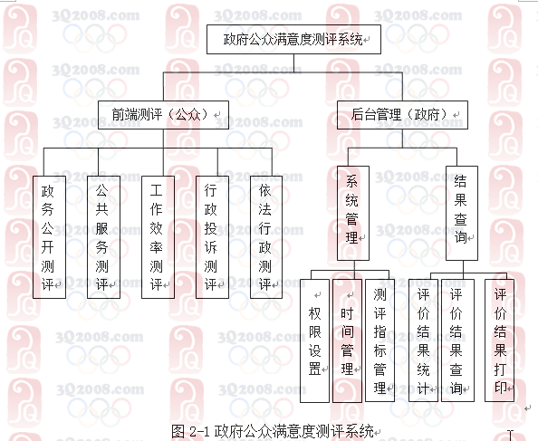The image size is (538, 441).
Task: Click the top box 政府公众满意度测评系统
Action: [293, 39]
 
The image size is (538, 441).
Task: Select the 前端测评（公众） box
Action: [163, 115]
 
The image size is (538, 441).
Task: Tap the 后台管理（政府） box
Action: [402, 115]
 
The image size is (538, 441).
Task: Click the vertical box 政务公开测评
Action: [49, 237]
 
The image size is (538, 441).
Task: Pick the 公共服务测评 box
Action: [103, 237]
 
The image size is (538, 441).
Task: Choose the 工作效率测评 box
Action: [158, 237]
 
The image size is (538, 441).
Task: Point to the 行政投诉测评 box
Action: [212, 237]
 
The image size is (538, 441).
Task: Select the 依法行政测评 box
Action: [266, 237]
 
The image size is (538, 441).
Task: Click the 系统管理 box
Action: [353, 214]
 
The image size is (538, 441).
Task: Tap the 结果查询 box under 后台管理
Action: [462, 214]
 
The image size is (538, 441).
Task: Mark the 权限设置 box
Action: [314, 340]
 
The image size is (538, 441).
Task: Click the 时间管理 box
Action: [347, 340]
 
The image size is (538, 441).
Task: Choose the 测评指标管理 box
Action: [379, 340]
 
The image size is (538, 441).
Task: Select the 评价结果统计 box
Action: [423, 340]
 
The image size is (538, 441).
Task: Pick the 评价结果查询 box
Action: [457, 340]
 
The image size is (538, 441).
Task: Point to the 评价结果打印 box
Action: [499, 340]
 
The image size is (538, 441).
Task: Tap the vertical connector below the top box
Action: [293, 63]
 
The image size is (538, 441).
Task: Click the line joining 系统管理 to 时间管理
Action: [354, 270]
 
